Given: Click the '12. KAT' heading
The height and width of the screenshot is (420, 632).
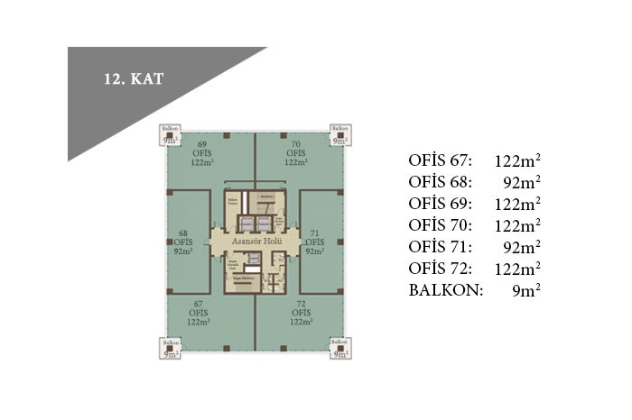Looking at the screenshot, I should (x=132, y=78).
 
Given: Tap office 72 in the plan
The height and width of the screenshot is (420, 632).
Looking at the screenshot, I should (x=302, y=313).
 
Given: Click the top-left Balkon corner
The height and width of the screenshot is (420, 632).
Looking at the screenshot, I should (x=171, y=135).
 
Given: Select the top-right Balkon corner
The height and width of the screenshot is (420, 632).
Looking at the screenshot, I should (x=340, y=135).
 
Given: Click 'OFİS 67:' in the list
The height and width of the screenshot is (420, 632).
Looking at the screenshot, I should (x=441, y=161).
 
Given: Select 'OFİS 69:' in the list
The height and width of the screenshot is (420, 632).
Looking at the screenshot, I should (x=441, y=204).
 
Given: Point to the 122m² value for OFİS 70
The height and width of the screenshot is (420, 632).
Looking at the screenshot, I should (x=516, y=225).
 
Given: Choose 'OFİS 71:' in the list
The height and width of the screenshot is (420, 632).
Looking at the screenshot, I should (x=441, y=246).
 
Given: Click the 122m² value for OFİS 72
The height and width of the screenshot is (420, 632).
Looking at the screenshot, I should (x=516, y=268).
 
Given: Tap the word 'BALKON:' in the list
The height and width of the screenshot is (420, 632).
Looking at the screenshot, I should (x=446, y=289).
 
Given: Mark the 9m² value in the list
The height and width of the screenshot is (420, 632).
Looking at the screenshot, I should (x=525, y=289).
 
